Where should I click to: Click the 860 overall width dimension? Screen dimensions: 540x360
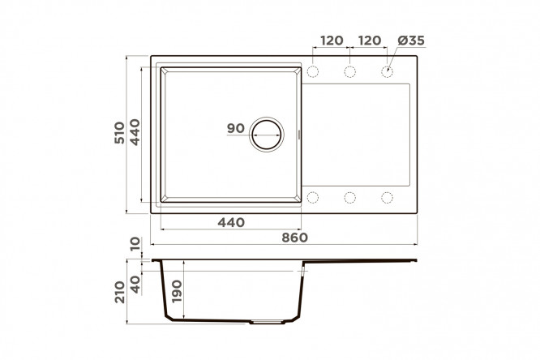(x=294, y=238)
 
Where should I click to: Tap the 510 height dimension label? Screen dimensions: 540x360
(x=119, y=133)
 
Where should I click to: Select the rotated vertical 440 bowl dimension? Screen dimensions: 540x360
(x=135, y=132)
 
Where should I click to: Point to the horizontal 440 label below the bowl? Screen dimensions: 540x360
(x=231, y=222)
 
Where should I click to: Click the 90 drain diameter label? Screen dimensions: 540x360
(x=236, y=128)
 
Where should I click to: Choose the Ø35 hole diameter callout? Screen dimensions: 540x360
(x=411, y=41)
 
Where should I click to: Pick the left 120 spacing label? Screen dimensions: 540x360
(x=332, y=41)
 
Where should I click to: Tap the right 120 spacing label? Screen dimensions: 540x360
(x=370, y=41)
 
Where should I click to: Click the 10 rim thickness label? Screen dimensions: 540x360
(x=135, y=243)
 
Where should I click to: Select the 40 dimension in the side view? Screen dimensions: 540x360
(x=135, y=285)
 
